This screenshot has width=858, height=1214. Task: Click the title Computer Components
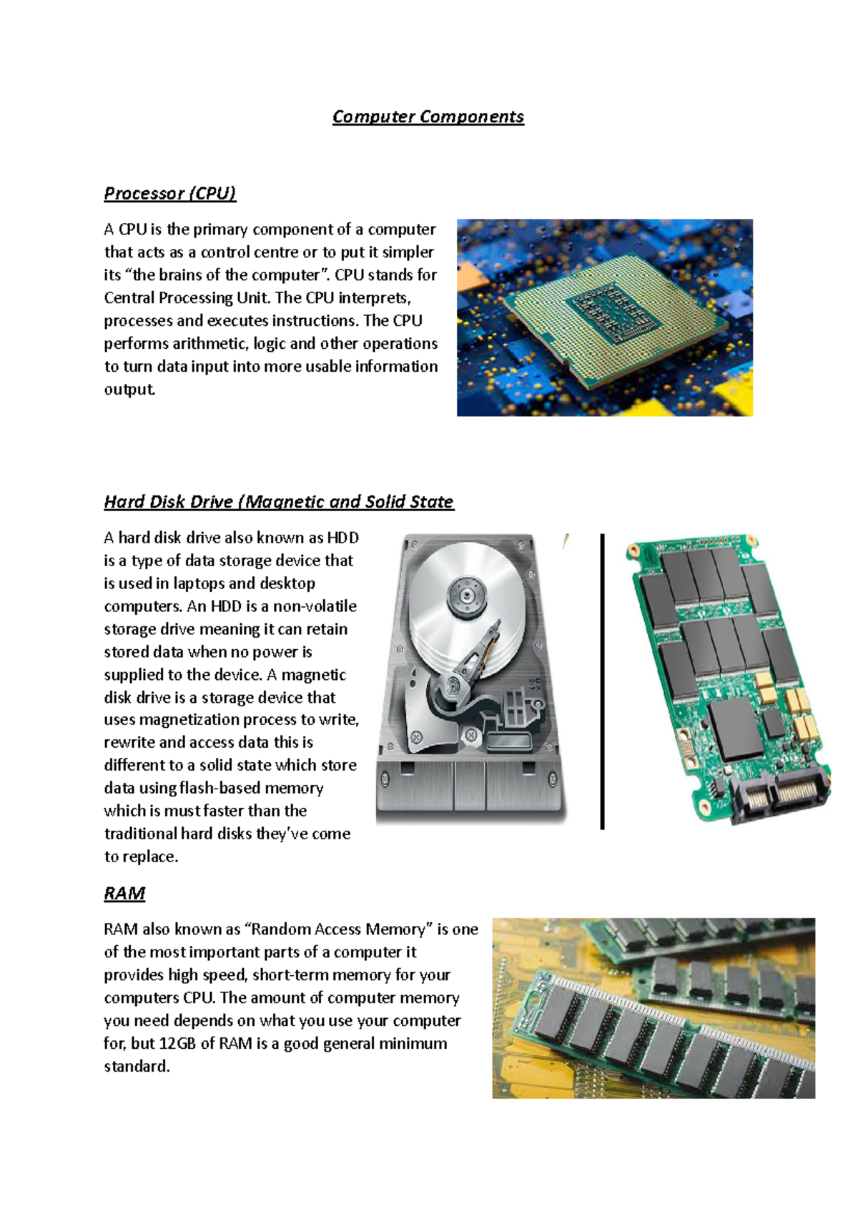(x=428, y=117)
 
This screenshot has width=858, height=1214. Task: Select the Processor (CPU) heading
(x=169, y=193)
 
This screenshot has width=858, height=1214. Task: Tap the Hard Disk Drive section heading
(x=278, y=502)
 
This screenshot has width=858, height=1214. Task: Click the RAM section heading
(x=124, y=894)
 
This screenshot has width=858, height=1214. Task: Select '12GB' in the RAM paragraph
(x=177, y=1044)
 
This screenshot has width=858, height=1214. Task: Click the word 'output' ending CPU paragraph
(x=129, y=390)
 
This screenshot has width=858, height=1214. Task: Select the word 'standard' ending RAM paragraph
(x=136, y=1067)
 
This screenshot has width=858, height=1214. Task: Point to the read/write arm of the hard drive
(x=475, y=658)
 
